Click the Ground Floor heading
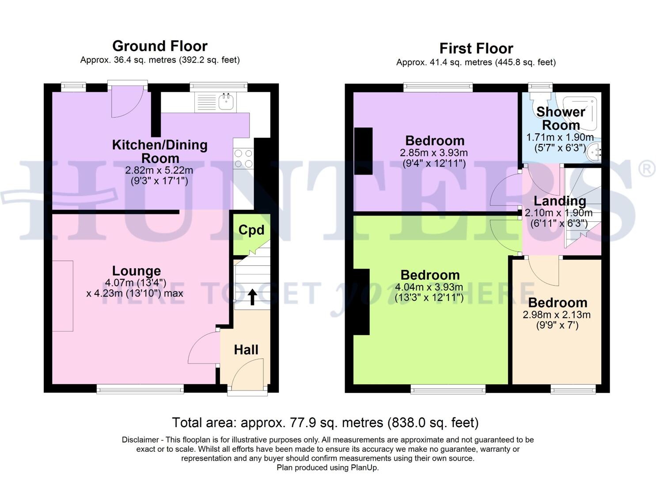159,46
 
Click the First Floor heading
476,48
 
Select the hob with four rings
243,159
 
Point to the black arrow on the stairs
252,297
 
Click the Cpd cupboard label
251,230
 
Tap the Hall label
246,350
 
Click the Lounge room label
136,271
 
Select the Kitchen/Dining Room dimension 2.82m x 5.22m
159,170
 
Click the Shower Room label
560,118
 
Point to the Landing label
560,201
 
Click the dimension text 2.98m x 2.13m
556,315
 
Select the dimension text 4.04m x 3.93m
429,288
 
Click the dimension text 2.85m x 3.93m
433,153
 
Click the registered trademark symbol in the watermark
646,170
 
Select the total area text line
325,423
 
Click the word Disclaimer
140,440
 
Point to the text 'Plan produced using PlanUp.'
327,468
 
